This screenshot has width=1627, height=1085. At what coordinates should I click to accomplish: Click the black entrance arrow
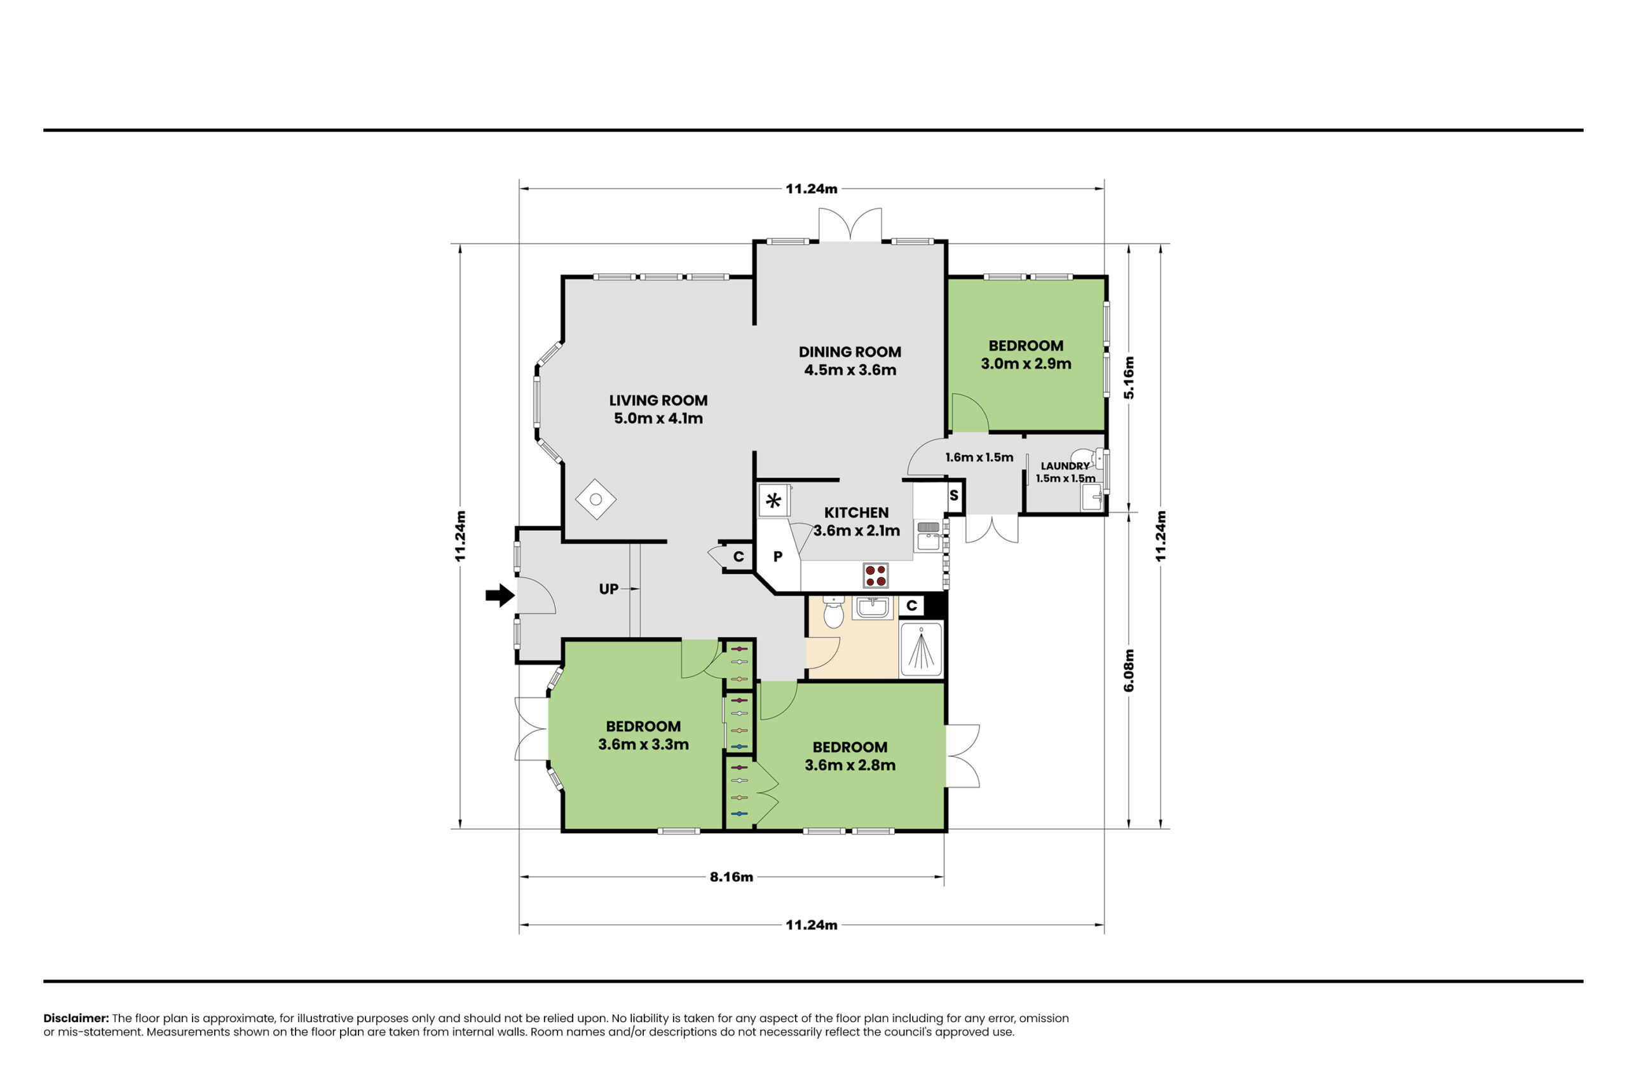point(500,595)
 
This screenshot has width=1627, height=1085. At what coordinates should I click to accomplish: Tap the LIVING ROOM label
point(658,400)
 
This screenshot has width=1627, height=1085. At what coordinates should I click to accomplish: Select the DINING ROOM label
point(850,351)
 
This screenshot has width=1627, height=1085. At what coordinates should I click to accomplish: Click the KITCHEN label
point(855,513)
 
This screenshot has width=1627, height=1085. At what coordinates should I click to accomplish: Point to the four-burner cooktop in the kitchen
point(875,575)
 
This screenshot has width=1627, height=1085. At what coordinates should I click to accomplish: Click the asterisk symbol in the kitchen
point(773,500)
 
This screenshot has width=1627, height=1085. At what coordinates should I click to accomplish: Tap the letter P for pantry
point(777,556)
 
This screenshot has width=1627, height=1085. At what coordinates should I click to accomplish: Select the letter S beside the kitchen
point(954,495)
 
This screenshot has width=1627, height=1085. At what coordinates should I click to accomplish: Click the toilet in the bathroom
point(834,611)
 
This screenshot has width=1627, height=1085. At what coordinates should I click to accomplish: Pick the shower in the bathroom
point(921,649)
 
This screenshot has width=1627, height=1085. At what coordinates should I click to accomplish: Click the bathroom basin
point(873,608)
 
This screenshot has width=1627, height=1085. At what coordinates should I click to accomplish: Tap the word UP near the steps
point(608,589)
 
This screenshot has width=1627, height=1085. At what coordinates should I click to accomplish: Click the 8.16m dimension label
point(731,877)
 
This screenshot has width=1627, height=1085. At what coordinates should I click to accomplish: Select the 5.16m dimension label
point(1128,377)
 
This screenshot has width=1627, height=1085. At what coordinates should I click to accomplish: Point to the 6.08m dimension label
point(1128,670)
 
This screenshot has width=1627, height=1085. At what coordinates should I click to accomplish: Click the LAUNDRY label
point(1065,467)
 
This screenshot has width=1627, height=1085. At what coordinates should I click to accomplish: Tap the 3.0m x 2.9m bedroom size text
point(1026,364)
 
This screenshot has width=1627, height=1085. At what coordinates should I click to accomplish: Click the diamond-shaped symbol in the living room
point(596,499)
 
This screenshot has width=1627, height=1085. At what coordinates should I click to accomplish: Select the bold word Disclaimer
point(76,1018)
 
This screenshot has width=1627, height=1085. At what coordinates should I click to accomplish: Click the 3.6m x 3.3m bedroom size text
point(643,744)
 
